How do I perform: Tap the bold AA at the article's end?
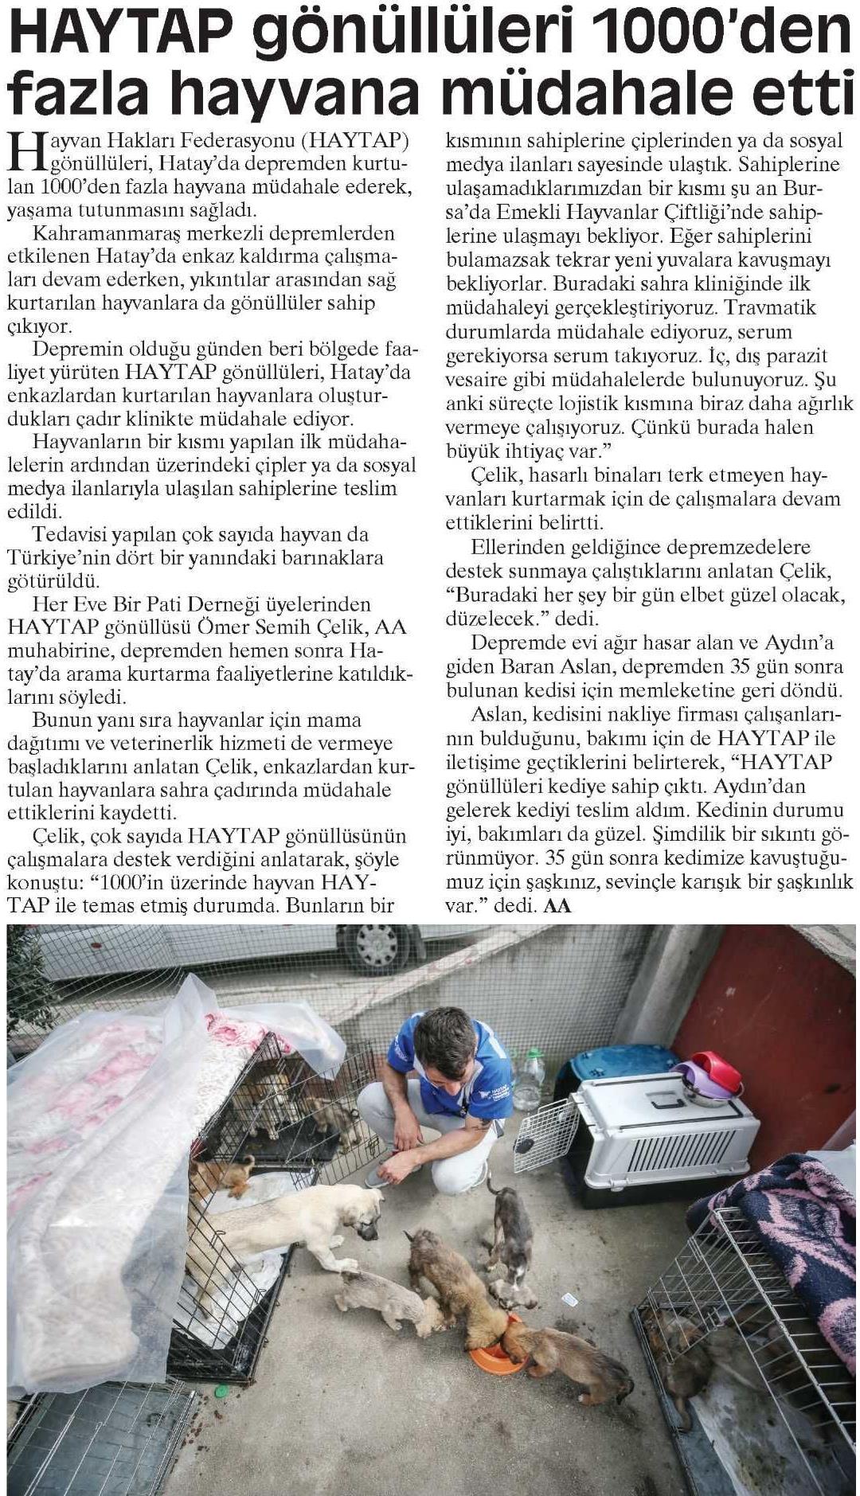557,905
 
